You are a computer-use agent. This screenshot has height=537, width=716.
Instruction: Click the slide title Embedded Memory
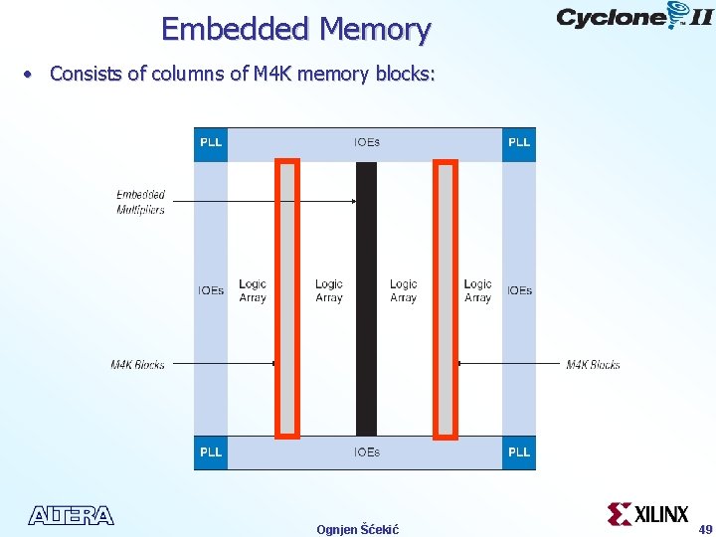pyautogui.click(x=295, y=29)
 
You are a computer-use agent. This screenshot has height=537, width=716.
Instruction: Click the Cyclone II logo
pyautogui.click(x=633, y=18)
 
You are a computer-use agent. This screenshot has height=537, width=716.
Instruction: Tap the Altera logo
pyautogui.click(x=71, y=515)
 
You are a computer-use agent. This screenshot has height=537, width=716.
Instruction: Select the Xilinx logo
pyautogui.click(x=648, y=514)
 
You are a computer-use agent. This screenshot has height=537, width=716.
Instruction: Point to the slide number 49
pyautogui.click(x=705, y=528)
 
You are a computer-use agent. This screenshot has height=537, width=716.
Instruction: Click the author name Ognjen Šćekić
pyautogui.click(x=357, y=529)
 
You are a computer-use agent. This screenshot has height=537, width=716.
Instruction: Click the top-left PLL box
pyautogui.click(x=211, y=142)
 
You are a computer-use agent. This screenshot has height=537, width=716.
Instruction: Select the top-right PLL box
pyautogui.click(x=519, y=142)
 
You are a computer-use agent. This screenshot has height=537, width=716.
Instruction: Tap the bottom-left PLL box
pyautogui.click(x=211, y=452)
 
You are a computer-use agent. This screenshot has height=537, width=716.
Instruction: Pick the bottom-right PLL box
pyautogui.click(x=519, y=452)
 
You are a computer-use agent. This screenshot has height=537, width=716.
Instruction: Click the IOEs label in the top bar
pyautogui.click(x=366, y=142)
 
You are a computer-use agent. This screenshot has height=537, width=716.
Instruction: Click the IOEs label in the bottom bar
pyautogui.click(x=366, y=452)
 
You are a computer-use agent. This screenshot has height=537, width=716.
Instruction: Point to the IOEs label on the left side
pyautogui.click(x=211, y=290)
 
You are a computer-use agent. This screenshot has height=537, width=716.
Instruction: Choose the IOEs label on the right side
pyautogui.click(x=519, y=290)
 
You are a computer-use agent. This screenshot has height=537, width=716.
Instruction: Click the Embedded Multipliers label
pyautogui.click(x=140, y=202)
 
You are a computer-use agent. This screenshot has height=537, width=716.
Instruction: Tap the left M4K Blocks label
pyautogui.click(x=137, y=365)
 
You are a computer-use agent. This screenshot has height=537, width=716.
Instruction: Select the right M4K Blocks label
pyautogui.click(x=593, y=365)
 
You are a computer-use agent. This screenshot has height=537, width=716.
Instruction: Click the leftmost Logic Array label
pyautogui.click(x=253, y=290)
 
